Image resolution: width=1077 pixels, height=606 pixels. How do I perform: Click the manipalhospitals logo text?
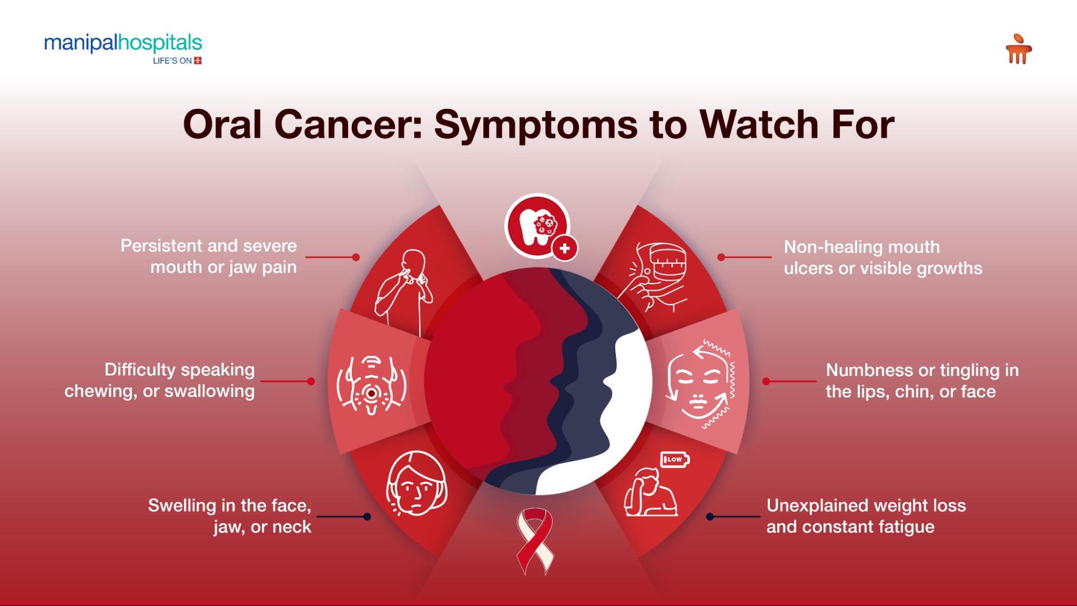click(123, 43)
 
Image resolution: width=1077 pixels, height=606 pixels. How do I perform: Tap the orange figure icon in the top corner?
click(1018, 49)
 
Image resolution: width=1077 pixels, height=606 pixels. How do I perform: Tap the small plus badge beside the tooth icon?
click(565, 248)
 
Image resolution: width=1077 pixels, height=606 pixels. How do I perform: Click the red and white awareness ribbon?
click(535, 541)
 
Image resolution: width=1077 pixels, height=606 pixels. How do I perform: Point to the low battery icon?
click(675, 459)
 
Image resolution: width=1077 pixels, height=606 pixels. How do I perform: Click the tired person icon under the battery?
click(651, 492)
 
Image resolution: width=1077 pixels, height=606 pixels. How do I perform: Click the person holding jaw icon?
click(404, 291)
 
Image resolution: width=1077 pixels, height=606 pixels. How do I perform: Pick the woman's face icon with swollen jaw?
click(416, 483)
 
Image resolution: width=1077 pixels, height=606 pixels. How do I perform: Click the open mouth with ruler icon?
click(655, 276)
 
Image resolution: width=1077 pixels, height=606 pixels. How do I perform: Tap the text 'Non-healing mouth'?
click(861, 247)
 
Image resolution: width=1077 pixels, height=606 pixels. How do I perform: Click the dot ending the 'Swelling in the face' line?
click(367, 517)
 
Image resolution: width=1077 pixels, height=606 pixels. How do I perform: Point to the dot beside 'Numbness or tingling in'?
click(766, 381)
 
